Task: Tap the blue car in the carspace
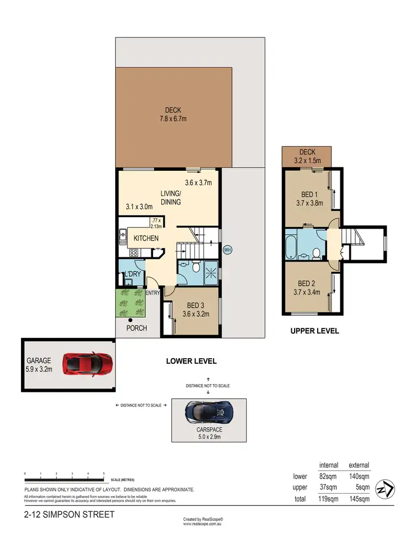[209, 411]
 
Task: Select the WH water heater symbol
[227, 250]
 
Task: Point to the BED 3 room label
[196, 306]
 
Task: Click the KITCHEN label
[146, 239]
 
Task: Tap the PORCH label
[137, 328]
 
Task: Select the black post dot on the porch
[131, 320]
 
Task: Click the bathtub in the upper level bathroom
[291, 246]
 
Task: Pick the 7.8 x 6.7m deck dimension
[172, 118]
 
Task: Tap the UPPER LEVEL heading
[314, 331]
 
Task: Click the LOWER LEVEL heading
[191, 361]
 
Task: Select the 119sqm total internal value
[328, 499]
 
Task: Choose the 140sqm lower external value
[359, 477]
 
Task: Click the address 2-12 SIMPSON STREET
[69, 515]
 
